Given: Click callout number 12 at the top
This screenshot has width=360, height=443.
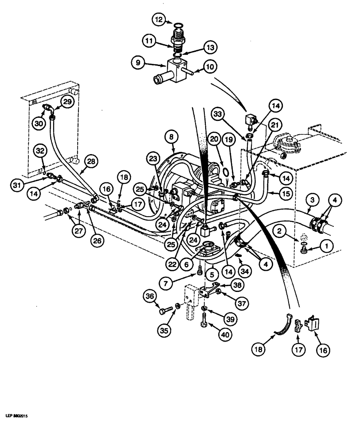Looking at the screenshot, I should coord(160,19).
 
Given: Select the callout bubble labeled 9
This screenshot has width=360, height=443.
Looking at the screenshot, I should coord(138,62).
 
